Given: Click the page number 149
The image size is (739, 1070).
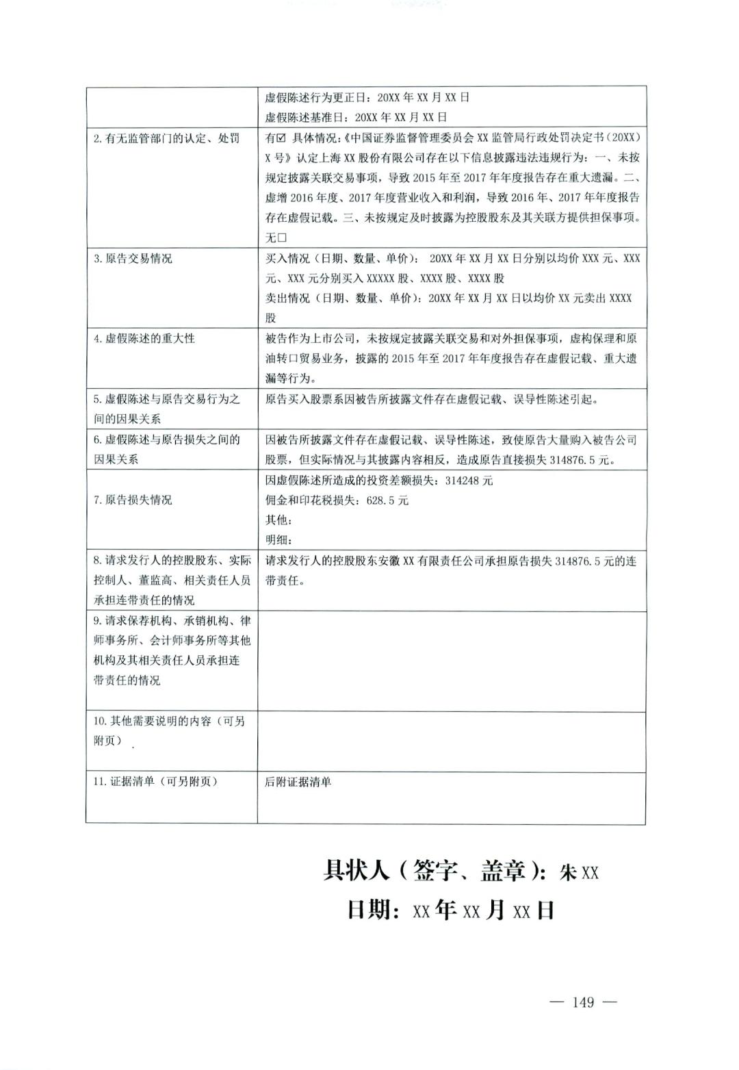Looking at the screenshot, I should click(x=583, y=1002).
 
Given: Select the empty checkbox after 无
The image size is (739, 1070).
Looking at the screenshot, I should click(x=281, y=238).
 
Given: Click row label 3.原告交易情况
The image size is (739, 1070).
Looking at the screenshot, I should click(x=133, y=259).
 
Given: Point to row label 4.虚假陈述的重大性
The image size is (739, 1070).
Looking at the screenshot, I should click(x=144, y=338).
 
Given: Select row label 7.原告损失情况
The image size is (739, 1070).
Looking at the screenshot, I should click(x=133, y=500).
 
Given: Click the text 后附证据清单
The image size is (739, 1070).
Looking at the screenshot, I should click(x=298, y=782).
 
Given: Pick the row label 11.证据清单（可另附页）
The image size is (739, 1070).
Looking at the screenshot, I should click(x=155, y=782).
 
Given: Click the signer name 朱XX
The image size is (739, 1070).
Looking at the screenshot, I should click(x=579, y=872).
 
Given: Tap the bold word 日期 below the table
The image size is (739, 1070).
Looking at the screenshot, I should click(x=373, y=910).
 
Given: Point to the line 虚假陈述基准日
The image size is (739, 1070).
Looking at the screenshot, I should click(x=356, y=117).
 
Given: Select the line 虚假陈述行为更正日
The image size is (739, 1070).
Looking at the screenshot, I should click(x=367, y=97).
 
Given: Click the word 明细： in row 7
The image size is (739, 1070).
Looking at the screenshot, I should click(x=279, y=540).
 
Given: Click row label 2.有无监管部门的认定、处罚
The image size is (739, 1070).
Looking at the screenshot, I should click(x=166, y=138).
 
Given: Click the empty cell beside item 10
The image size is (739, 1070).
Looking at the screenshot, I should click(x=451, y=742).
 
